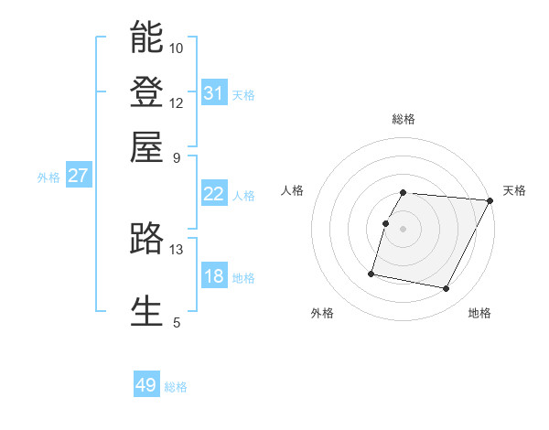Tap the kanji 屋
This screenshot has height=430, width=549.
146,145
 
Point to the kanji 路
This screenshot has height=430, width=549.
146,239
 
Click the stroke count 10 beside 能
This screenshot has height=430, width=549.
177,48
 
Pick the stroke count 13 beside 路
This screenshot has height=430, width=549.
177,250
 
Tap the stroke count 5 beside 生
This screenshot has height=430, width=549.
177,322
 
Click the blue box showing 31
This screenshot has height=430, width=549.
213,93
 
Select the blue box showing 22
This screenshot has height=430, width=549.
213,194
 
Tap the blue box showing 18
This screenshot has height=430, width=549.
213,276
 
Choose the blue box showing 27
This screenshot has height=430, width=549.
78,177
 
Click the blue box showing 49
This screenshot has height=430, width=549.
146,385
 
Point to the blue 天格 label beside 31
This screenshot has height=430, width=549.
243,95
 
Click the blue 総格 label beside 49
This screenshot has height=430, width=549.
176,387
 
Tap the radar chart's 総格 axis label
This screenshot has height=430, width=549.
404,119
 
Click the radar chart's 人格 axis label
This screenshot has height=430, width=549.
292,190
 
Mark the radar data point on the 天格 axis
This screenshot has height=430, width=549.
490,201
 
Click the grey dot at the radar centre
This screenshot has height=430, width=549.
403,229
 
